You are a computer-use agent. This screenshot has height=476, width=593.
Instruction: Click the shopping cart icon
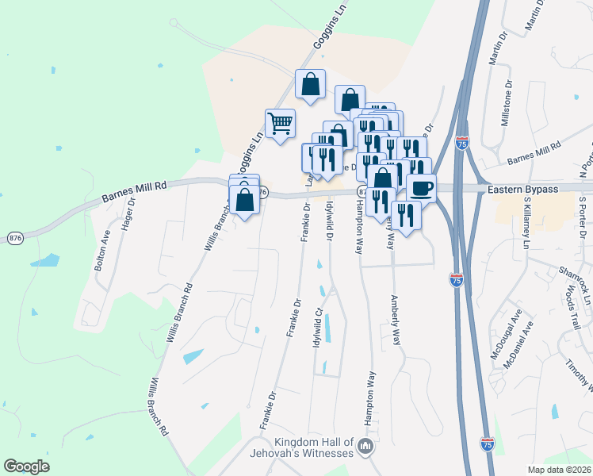click(280, 124)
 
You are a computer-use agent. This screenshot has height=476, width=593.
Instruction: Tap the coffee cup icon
click(421, 188)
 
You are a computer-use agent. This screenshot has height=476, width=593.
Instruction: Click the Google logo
click(26, 466)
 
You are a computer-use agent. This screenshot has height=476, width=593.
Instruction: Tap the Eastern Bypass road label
click(522, 189)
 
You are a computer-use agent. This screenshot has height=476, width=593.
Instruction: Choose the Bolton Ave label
click(102, 251)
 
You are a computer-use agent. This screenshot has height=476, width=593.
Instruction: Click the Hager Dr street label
click(127, 213)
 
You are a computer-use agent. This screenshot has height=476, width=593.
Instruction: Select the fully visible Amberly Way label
click(394, 321)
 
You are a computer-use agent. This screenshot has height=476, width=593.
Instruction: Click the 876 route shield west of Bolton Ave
click(13, 236)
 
